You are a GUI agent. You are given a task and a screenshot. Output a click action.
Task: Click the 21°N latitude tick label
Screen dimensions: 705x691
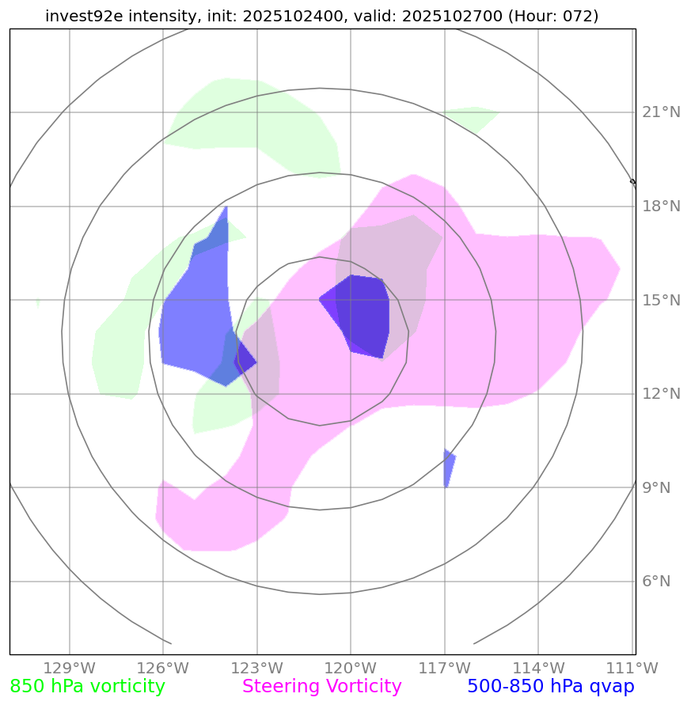(x=660, y=112)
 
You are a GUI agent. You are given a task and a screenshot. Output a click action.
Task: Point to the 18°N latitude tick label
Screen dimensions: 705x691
(x=660, y=207)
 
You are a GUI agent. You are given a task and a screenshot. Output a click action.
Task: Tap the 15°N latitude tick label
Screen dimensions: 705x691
(x=660, y=301)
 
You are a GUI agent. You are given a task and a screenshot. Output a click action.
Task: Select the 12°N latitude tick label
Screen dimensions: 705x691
(x=660, y=394)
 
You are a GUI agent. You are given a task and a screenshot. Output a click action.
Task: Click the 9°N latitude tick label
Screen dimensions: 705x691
(x=655, y=488)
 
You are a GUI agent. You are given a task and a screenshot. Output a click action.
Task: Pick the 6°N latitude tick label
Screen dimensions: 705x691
(x=655, y=582)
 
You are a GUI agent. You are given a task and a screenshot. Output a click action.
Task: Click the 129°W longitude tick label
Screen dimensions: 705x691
(x=70, y=668)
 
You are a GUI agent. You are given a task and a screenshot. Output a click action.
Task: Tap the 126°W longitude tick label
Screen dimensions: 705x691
(x=163, y=668)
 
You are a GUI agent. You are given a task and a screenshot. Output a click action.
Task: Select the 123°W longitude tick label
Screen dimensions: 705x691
(x=256, y=668)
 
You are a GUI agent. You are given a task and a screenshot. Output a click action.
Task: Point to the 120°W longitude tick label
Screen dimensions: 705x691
(x=351, y=668)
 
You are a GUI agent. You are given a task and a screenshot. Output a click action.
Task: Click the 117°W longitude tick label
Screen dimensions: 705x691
(x=444, y=668)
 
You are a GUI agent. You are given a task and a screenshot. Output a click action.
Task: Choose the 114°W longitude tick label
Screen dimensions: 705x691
(x=537, y=668)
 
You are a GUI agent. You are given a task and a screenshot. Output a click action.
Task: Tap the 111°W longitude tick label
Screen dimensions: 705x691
(x=631, y=668)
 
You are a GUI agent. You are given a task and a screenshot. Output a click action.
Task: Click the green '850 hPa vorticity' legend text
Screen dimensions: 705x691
(x=87, y=687)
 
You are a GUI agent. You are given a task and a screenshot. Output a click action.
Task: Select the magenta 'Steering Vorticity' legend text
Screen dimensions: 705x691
(x=322, y=687)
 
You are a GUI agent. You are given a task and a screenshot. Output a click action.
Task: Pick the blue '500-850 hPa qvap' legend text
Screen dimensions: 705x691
(x=551, y=687)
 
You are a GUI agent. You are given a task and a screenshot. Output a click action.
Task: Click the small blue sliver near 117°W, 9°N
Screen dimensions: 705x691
(x=448, y=468)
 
